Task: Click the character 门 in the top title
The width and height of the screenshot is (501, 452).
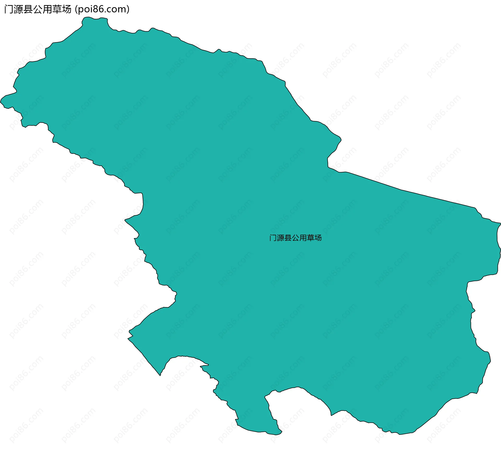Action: coord(9,9)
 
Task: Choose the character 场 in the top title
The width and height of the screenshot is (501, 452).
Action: coord(67,9)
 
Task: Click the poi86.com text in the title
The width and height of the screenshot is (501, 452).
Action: coord(102,9)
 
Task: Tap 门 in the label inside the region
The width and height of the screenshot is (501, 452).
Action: coord(273,238)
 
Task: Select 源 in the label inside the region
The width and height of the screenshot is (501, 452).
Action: coord(281,238)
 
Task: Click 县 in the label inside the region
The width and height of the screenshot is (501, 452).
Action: coord(288,238)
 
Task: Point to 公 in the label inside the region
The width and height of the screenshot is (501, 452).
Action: coord(296,238)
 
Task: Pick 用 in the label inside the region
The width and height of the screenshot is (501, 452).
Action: coord(303,238)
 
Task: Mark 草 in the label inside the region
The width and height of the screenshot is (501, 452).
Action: coord(311,238)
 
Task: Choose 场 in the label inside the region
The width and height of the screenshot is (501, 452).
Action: coord(318,238)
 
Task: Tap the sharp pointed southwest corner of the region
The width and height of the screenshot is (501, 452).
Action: coord(160,375)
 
